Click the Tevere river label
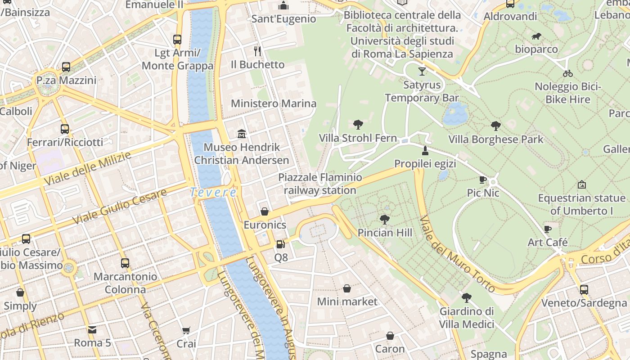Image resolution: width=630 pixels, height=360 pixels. tap(213, 192)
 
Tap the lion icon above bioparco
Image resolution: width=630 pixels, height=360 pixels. tap(536, 36)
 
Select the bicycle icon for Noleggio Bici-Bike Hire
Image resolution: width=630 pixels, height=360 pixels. tap(567, 73)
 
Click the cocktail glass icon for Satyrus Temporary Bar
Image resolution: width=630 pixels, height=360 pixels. tap(422, 71)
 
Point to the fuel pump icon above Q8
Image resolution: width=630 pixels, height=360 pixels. tap(281, 244)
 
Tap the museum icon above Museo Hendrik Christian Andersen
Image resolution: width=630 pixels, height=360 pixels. tap(242, 134)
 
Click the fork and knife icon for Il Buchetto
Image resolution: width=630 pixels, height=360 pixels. tap(257, 51)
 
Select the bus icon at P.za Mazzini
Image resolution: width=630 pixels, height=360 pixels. tap(66, 67)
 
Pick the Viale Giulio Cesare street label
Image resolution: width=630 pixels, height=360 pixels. tap(119, 207)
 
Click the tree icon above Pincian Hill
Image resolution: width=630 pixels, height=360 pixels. tap(384, 220)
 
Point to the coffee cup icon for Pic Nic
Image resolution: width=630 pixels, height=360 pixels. tap(483, 180)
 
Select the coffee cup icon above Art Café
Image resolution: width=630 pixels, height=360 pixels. tap(548, 229)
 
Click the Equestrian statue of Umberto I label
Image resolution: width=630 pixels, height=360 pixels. tap(581, 204)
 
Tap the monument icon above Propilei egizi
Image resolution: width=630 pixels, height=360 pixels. tap(425, 150)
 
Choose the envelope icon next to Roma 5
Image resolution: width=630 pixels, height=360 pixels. tap(92, 330)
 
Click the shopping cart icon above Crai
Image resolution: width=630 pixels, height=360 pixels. tap(186, 331)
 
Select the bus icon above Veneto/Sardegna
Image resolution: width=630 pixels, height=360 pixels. tap(584, 290)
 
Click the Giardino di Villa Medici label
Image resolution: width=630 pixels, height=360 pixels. tap(467, 318)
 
